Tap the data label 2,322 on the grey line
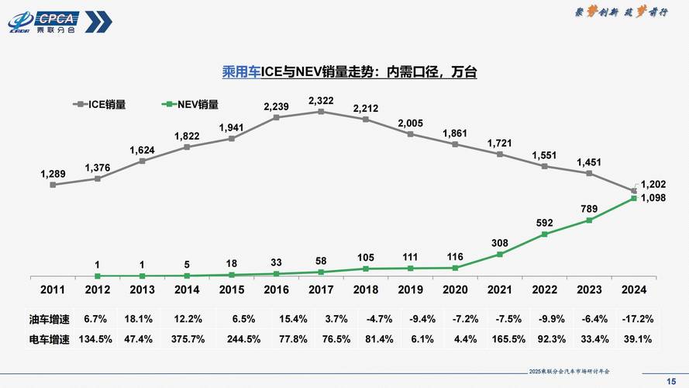point(321,101)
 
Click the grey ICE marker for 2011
point(53,185)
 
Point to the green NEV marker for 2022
point(545,234)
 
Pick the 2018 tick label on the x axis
point(366,289)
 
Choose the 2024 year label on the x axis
point(634,289)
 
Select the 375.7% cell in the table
point(186,339)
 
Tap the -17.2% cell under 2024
point(637,319)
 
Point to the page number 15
point(671,379)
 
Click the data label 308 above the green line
point(500,243)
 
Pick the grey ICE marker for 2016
point(277,117)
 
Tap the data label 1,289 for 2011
point(53,173)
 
